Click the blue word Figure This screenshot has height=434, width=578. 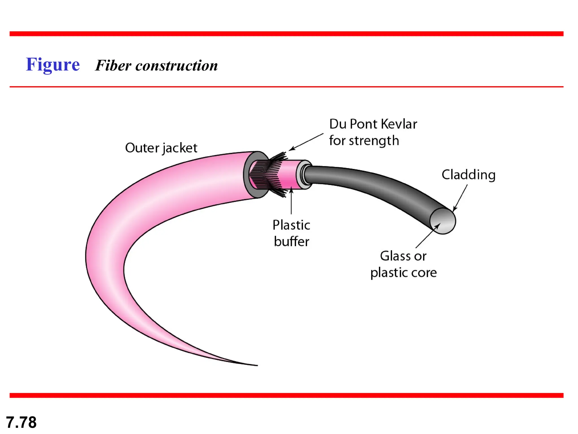(53, 65)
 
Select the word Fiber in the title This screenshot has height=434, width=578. (113, 66)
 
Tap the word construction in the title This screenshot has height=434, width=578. (176, 66)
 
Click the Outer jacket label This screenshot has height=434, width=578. (161, 148)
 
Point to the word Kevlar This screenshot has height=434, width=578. (399, 124)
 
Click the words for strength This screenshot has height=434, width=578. (364, 141)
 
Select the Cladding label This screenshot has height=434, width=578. (468, 175)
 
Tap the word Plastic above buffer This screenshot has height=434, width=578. (291, 225)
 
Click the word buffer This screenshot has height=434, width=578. (292, 242)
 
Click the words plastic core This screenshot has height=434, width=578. (403, 273)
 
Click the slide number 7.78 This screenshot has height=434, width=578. (21, 422)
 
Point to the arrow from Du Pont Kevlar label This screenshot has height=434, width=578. (306, 142)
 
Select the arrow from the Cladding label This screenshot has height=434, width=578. (460, 198)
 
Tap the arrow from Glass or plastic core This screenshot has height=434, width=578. (427, 236)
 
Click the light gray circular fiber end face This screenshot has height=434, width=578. (443, 221)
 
